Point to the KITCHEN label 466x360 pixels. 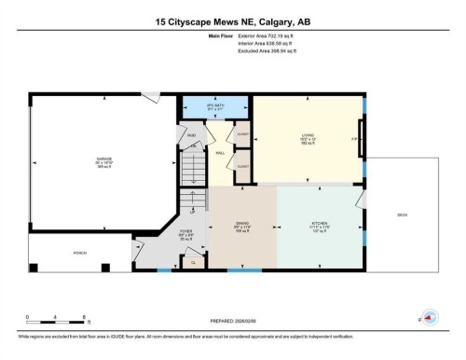[x=320, y=224]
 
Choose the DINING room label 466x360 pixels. [x=242, y=224]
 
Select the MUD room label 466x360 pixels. [x=192, y=134]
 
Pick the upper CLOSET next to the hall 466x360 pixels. [x=241, y=133]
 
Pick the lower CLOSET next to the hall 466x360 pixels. [x=241, y=167]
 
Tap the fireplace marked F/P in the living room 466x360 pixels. [x=354, y=140]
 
